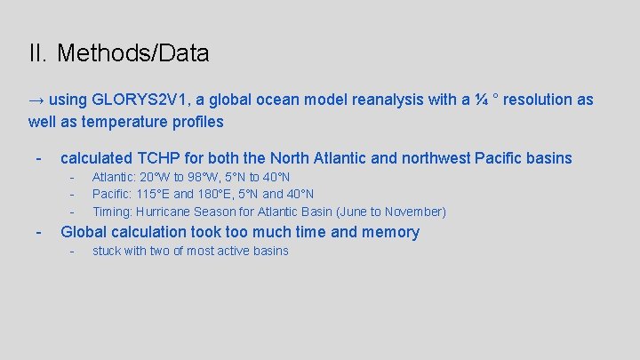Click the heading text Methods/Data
tap(132, 54)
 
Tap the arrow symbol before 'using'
tap(36, 100)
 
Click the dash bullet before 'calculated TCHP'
tap(38, 158)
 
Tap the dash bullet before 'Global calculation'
tap(38, 232)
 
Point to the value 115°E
tap(156, 194)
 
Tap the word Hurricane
tap(165, 212)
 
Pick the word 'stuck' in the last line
tap(107, 251)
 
